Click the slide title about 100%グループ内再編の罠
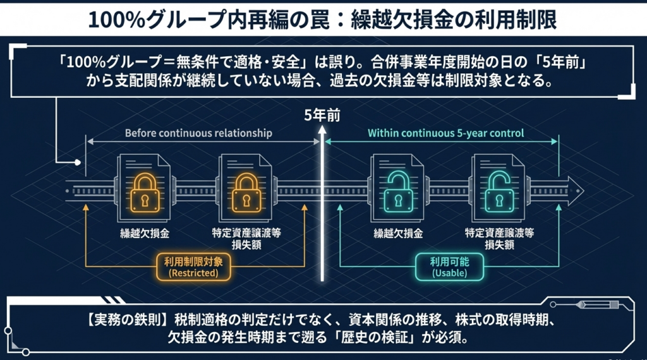323,19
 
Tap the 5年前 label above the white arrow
322,116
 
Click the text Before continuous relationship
198,133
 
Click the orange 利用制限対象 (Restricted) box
193,268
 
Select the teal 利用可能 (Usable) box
450,268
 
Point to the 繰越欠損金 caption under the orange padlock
142,233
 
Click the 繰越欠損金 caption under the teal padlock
397,233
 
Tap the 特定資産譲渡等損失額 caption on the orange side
246,238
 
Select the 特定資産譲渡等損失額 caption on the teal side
499,238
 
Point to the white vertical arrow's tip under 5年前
322,129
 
